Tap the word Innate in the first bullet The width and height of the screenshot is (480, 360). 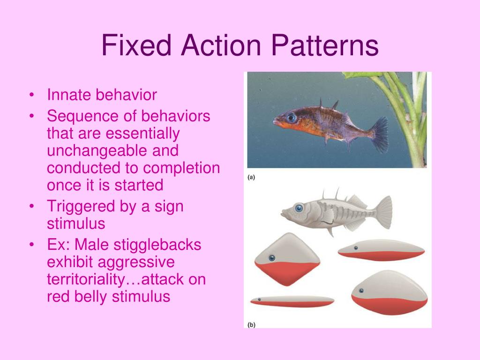click(69, 95)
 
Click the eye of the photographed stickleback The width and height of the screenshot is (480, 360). click(292, 117)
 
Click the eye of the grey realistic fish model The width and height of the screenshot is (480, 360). click(298, 207)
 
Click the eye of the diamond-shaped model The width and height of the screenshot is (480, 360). click(271, 258)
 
